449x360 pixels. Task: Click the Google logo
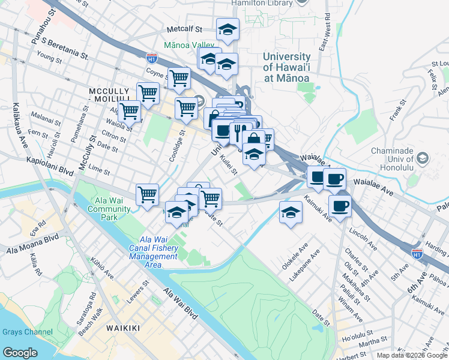click(20, 352)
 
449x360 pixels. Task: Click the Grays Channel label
click(27, 332)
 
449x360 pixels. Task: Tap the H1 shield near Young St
click(151, 58)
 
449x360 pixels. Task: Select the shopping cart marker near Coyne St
click(179, 77)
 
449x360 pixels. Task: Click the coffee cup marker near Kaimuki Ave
click(340, 205)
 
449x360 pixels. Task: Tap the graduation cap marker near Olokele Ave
click(291, 212)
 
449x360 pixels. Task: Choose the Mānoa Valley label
click(189, 45)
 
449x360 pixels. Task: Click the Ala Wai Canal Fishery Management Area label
click(154, 252)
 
